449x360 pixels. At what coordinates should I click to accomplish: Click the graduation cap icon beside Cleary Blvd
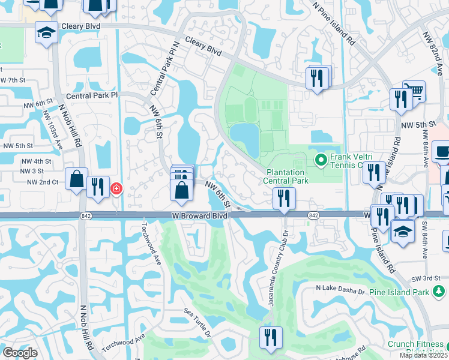46,33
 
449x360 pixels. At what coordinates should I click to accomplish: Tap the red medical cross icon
116,189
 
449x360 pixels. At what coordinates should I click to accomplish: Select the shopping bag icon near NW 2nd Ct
77,179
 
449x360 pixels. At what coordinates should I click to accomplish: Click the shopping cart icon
414,92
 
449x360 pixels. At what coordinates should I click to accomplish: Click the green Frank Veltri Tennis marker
321,160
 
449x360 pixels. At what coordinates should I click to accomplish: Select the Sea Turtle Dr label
197,323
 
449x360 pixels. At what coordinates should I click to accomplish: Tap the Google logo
20,352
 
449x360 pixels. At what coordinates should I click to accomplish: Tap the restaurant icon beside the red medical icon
97,187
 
